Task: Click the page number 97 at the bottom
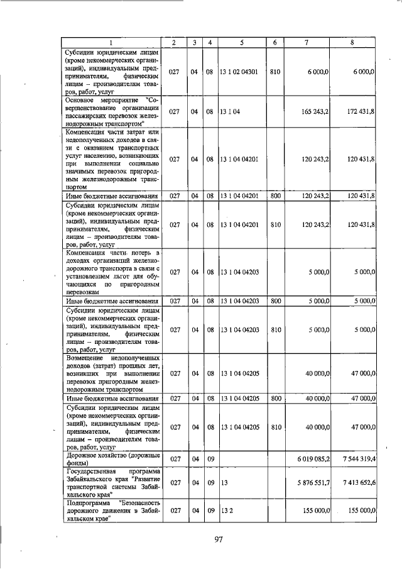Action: point(219,538)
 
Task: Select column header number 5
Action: point(242,42)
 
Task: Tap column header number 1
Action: point(111,42)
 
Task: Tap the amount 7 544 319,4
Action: point(356,459)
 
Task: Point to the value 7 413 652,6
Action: point(356,483)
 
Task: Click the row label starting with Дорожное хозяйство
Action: point(111,459)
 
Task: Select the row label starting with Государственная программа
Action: point(111,483)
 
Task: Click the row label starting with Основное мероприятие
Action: point(111,111)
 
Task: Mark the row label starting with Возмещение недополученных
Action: point(111,373)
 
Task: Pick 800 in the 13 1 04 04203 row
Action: point(274,301)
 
